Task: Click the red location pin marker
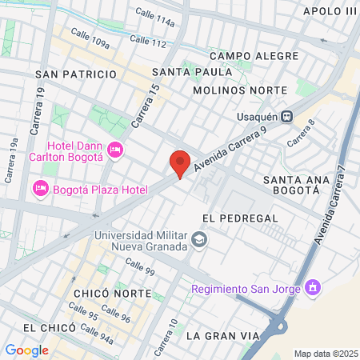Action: [x=180, y=162]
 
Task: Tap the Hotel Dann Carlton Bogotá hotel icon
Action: [x=115, y=150]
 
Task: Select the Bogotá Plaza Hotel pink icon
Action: [x=39, y=190]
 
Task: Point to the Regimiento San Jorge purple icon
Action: [x=313, y=288]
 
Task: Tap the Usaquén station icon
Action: [x=286, y=116]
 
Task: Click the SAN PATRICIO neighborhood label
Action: [x=77, y=74]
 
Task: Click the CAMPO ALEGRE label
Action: [x=254, y=56]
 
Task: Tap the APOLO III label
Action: [x=330, y=11]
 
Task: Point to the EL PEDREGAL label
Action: [x=240, y=218]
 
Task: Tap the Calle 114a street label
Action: [x=155, y=17]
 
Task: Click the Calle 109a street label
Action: [x=90, y=38]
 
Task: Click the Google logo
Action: [x=26, y=350]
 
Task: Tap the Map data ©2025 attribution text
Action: [x=326, y=354]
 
